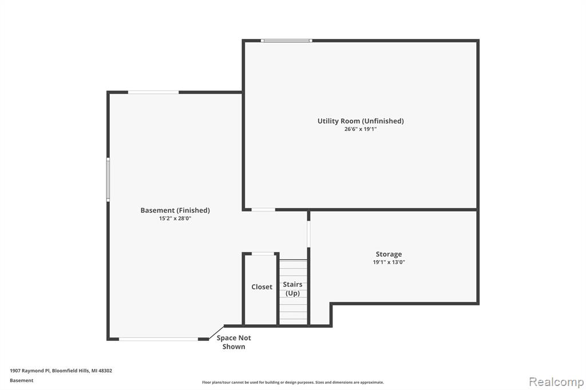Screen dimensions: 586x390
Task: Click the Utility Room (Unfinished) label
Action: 361,121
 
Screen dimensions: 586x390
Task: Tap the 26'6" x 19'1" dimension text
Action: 361,129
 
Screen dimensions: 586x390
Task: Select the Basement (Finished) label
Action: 175,210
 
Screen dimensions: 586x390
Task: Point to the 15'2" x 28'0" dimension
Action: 175,218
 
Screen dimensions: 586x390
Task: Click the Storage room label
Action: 389,254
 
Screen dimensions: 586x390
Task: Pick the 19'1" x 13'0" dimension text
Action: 389,262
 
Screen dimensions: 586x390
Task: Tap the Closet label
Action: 262,287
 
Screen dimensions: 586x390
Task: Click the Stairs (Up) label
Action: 292,289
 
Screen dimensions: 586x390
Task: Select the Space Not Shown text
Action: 234,342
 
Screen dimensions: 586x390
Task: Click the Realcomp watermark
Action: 556,382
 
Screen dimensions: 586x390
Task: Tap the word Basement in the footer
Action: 21,380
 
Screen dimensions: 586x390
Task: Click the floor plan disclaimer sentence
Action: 293,382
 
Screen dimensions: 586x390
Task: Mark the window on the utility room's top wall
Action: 286,41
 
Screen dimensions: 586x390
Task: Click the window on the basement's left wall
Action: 108,180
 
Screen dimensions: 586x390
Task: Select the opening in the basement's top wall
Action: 153,92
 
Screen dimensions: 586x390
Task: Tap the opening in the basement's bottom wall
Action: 159,339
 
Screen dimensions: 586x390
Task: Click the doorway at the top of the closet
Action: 263,254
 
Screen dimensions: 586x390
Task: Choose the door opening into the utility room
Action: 263,209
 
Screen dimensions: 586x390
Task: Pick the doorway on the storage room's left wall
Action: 308,234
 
